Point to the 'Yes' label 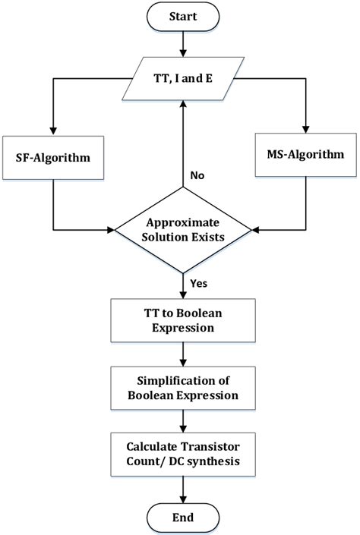pos(200,282)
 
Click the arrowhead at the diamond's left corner pos(109,227)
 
